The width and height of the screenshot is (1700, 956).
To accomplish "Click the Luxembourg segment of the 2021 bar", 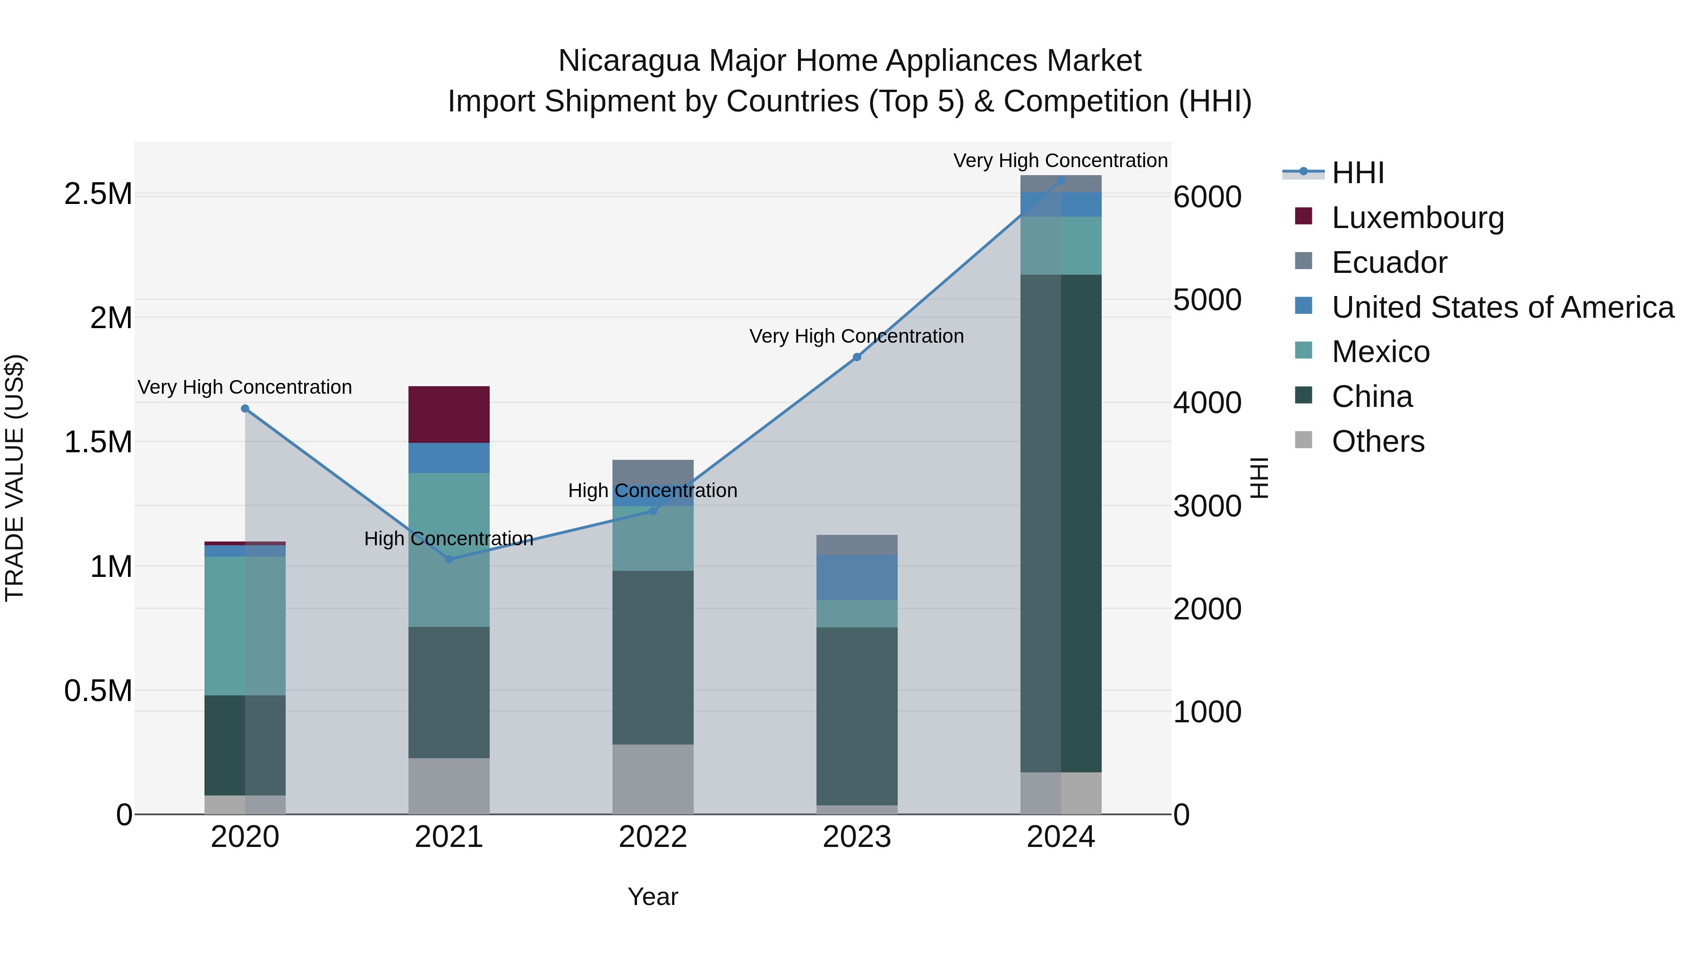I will (449, 415).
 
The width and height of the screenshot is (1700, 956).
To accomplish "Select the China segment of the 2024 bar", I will (1061, 523).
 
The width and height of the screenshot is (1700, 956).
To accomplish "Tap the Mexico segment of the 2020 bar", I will (245, 626).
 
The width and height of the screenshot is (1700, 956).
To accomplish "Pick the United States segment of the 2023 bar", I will (857, 577).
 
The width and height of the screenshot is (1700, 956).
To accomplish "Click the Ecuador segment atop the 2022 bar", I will (653, 471).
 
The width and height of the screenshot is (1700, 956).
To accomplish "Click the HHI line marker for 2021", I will (449, 559).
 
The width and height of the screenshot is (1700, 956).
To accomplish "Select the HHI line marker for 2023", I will (857, 357).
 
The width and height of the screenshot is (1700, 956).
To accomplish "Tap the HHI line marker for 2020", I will (245, 408).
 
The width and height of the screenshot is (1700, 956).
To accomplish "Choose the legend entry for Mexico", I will (1381, 352).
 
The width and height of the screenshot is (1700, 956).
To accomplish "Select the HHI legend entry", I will (1358, 173).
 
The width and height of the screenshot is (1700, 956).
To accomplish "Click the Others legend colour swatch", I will (1303, 440).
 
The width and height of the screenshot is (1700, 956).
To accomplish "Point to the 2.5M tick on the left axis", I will (98, 194).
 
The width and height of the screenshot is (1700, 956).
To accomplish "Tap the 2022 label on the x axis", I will (653, 837).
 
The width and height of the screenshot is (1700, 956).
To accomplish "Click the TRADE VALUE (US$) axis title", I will (15, 478).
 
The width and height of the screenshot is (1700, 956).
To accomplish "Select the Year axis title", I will (653, 897).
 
